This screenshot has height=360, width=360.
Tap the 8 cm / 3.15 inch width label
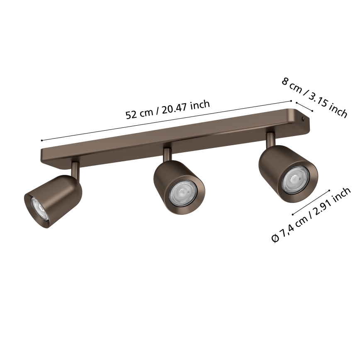coord(314,97)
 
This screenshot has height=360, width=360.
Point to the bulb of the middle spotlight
coord(183,193)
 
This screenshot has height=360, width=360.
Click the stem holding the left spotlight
coord(75,168)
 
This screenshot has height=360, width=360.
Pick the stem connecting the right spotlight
coord(270,139)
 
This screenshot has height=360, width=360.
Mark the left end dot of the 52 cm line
coord(42,141)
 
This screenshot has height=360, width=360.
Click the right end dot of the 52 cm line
coord(292,100)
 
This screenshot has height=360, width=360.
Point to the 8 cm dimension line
coord(304,107)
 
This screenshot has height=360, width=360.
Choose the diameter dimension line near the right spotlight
coord(311,202)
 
